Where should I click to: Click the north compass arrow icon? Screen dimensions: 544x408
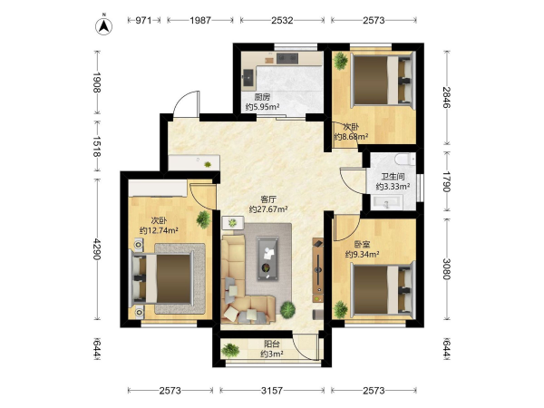click(x=103, y=25)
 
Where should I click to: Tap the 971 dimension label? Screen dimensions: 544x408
click(x=143, y=21)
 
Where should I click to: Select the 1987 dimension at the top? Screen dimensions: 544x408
click(x=200, y=21)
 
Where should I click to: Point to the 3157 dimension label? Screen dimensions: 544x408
click(x=272, y=391)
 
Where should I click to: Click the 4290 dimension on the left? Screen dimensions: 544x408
click(x=97, y=249)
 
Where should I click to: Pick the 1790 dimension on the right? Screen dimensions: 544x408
click(x=446, y=181)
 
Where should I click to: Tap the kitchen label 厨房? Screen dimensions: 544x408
click(x=262, y=97)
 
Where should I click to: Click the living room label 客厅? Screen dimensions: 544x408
click(x=268, y=199)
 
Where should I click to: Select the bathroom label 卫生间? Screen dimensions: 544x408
click(x=393, y=177)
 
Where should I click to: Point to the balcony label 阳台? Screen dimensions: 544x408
click(x=272, y=345)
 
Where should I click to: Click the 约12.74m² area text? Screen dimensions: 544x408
click(x=159, y=230)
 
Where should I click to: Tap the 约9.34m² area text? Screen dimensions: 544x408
click(x=362, y=254)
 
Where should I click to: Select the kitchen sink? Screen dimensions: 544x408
click(x=248, y=77)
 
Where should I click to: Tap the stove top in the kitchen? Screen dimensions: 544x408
click(x=287, y=58)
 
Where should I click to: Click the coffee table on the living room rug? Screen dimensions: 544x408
click(x=267, y=258)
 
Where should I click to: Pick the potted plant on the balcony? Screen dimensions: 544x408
click(x=230, y=350)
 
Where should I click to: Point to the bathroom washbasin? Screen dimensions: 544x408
click(x=386, y=202)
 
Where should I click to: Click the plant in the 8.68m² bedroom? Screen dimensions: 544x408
click(x=340, y=61)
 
